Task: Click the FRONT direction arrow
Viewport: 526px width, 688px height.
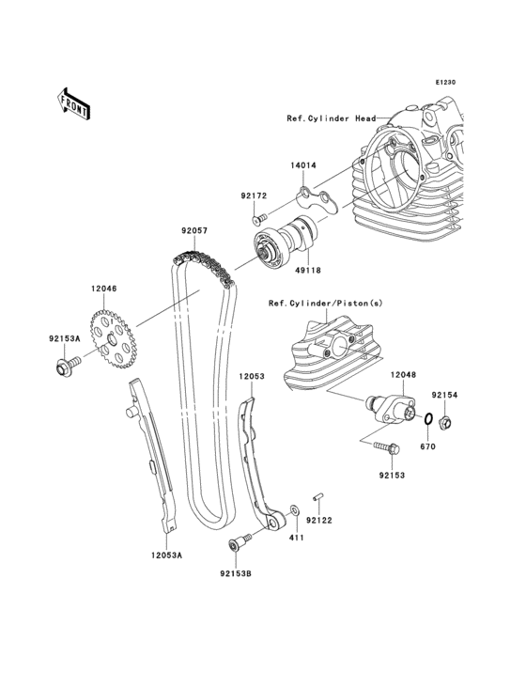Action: click(73, 103)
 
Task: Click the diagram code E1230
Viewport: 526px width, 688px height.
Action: click(445, 82)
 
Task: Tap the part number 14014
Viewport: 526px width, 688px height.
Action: click(302, 165)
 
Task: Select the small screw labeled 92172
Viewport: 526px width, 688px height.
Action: click(259, 217)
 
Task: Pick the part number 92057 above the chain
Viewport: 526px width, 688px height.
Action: click(194, 230)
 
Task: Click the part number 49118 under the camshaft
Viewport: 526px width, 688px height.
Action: click(308, 271)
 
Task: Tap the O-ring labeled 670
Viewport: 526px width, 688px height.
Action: click(428, 418)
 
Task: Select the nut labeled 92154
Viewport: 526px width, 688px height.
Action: click(446, 423)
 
